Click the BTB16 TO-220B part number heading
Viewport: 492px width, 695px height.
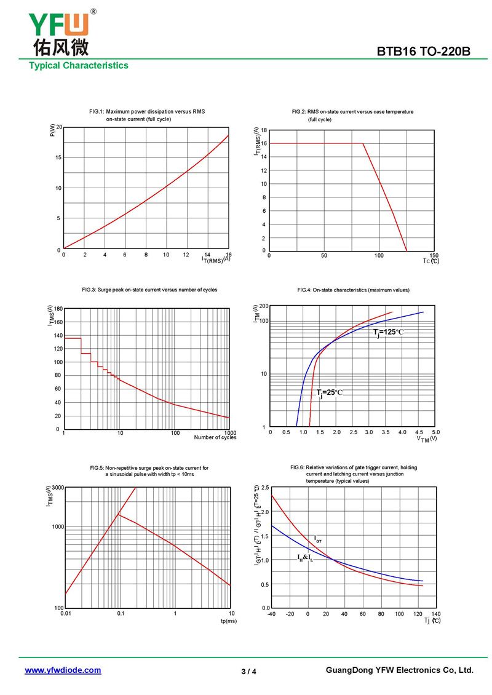coord(424,52)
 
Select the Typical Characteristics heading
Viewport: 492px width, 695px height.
coord(79,66)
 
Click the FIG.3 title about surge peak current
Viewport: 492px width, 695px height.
coord(149,290)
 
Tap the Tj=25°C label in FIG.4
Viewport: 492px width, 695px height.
coord(330,392)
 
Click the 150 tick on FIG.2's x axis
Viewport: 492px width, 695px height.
coord(434,255)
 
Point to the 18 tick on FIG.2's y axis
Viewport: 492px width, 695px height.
coord(263,130)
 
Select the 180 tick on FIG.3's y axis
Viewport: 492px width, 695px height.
coord(58,309)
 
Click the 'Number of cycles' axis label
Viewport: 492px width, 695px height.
coord(215,437)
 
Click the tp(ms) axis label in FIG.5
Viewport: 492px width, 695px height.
coord(228,621)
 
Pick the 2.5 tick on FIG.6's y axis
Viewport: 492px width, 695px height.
coord(264,488)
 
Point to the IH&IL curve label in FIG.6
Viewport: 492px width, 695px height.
coord(305,558)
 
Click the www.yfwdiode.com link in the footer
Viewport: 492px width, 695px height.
coord(63,670)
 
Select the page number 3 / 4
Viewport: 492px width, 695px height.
coord(248,672)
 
